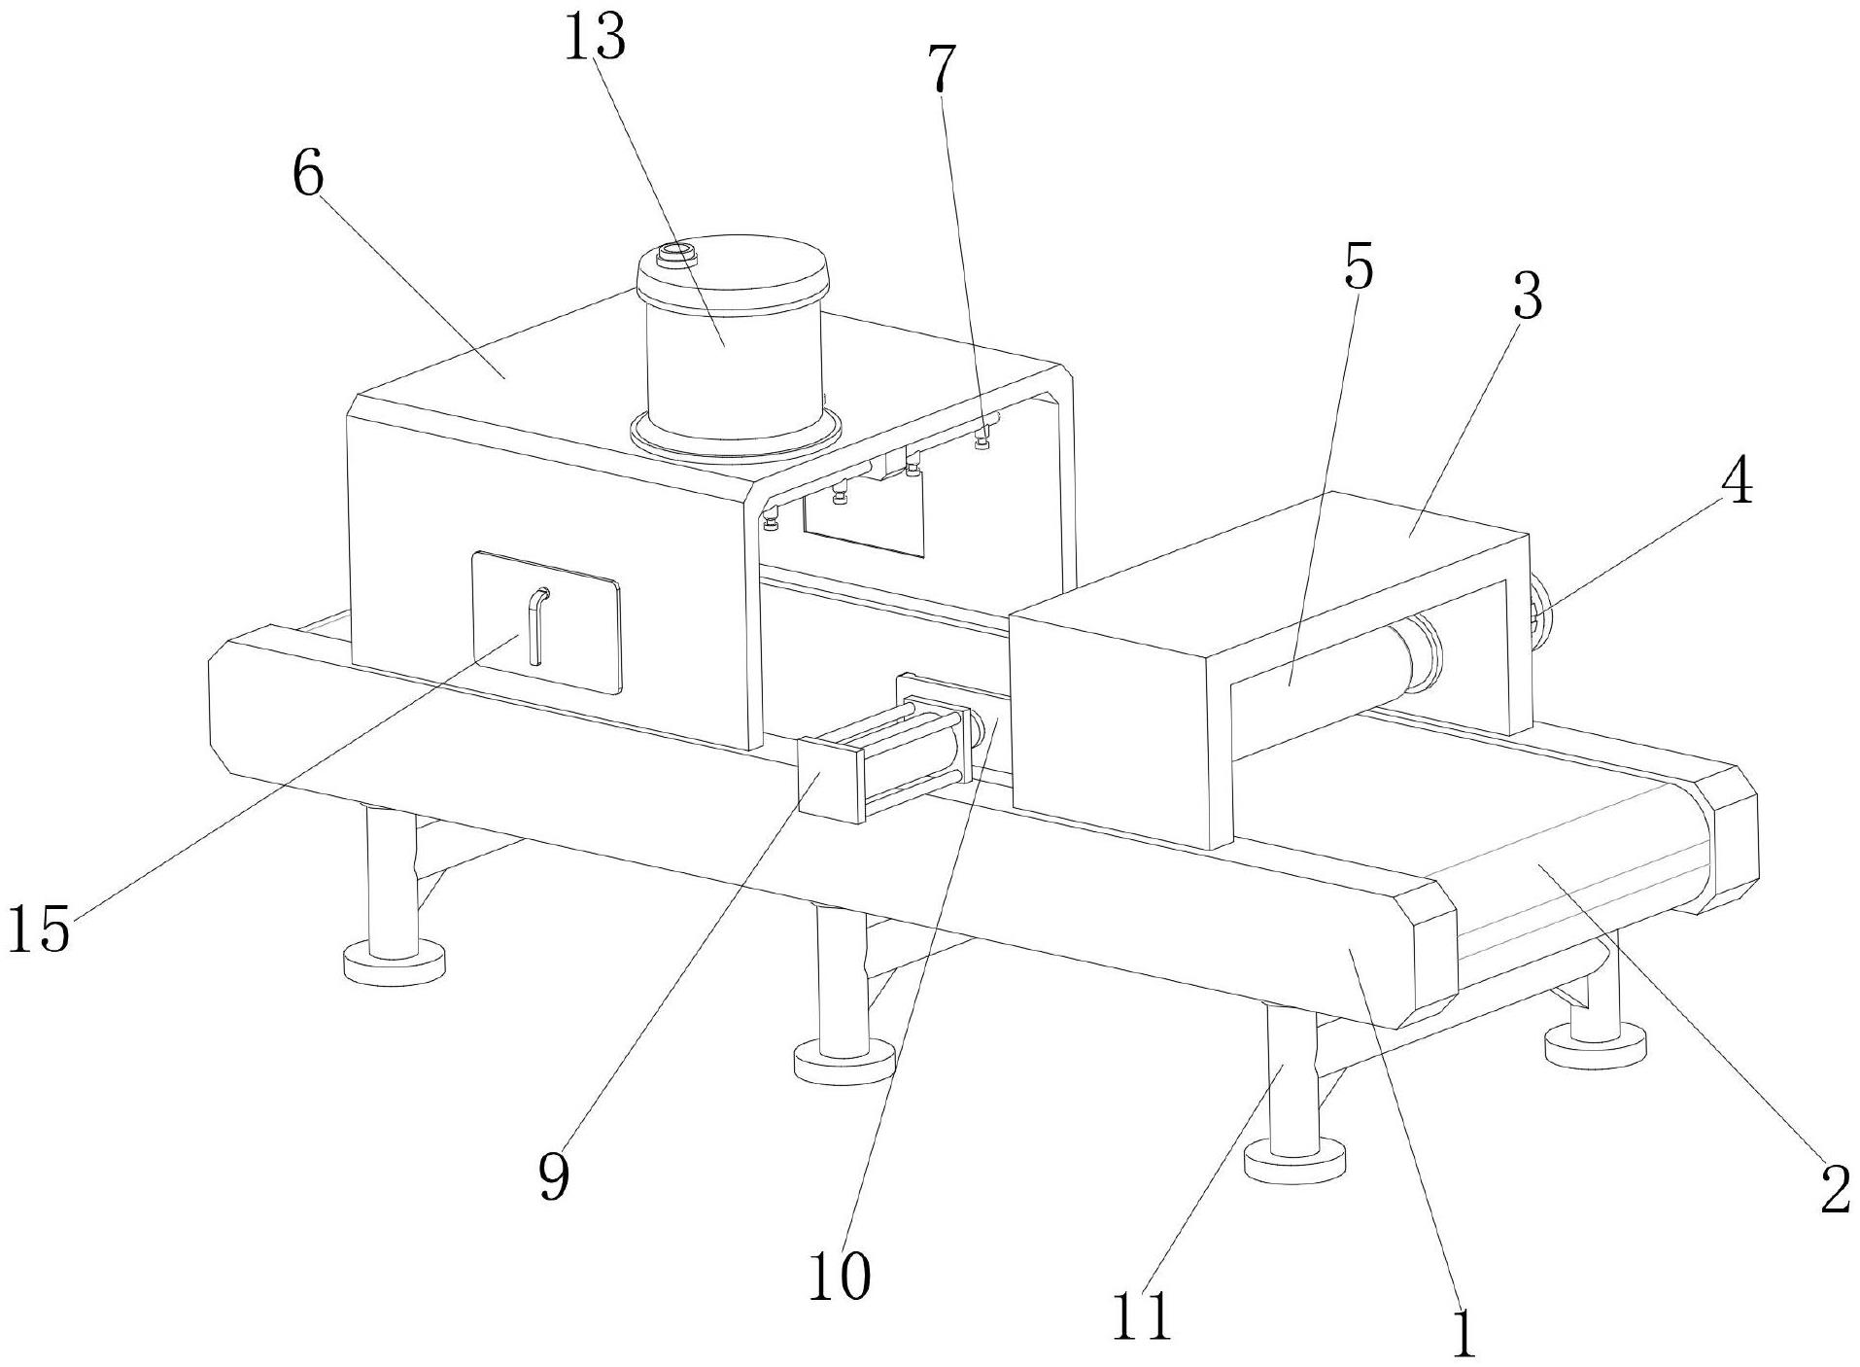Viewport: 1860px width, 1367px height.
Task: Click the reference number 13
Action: coord(595,38)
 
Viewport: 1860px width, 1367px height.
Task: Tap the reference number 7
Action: coord(940,69)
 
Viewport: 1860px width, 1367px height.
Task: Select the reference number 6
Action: coord(308,175)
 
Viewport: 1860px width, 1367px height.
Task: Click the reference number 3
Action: coord(1527,296)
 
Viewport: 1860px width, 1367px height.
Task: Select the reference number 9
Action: coord(553,1177)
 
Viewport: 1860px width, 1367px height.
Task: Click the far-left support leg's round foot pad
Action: coord(394,963)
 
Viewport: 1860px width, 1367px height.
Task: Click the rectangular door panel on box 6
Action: coord(545,622)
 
